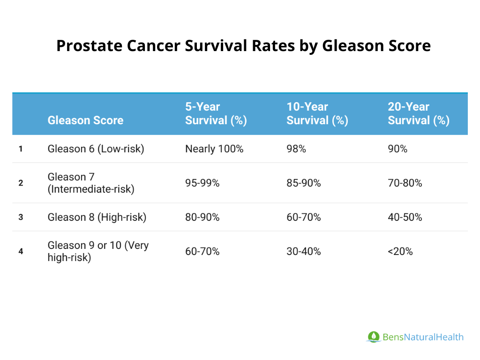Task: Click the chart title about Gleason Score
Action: pos(243,46)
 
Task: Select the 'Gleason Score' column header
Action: pos(85,120)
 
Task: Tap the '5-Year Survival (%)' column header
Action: pos(216,113)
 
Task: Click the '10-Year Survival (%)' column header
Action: pos(317,113)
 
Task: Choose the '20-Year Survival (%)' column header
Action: pos(418,113)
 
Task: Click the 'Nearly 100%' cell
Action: pos(214,149)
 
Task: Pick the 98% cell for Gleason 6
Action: pos(296,149)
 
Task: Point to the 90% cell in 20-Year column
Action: pos(397,149)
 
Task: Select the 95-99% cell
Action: pos(202,183)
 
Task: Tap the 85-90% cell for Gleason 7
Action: pos(303,183)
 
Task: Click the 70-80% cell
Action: pos(405,183)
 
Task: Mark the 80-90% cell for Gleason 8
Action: pos(202,217)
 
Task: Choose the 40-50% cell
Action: pos(405,217)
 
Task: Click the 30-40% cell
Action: pos(303,251)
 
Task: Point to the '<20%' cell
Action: pos(400,251)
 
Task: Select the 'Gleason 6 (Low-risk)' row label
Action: pos(96,149)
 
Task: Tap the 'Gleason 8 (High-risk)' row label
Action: pos(97,217)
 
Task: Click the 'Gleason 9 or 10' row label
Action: pos(98,251)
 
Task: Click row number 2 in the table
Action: pos(21,183)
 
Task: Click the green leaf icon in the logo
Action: pos(374,337)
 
